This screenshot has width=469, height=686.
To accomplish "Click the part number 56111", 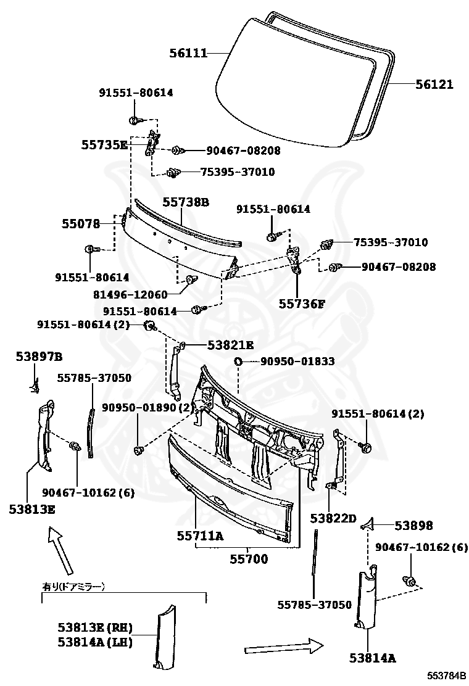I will point(188,54).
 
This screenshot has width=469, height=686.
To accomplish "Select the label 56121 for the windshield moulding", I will point(434,85).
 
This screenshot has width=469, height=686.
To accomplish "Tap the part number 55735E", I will point(104,146).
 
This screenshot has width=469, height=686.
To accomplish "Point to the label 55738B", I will point(186,202).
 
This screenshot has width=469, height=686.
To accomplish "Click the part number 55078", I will point(80,223).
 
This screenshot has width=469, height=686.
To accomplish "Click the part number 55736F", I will point(301,304).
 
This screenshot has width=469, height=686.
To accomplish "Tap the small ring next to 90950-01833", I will point(238,361).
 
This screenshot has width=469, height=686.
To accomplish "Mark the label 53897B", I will point(39,357).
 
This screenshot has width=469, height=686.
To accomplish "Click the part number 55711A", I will point(199,536).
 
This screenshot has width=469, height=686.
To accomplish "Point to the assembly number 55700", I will point(249,559).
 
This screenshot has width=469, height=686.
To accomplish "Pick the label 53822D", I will point(333,518).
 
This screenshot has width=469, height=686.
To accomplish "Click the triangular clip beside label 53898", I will point(368,525).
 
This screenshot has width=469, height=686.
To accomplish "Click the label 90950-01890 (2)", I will point(147,407).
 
